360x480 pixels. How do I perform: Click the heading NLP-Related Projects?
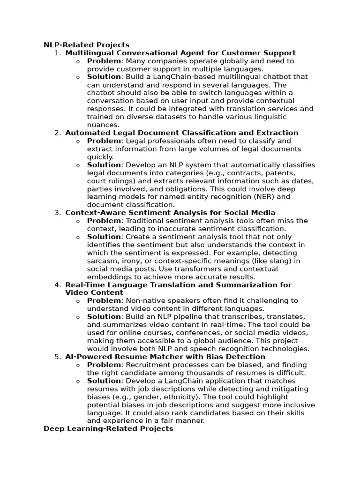pos(86,45)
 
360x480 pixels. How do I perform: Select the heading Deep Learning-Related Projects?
pos(108,428)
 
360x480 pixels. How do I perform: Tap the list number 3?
pos(57,213)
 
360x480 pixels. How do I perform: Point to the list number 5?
pos(57,357)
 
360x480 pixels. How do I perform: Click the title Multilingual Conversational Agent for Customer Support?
pos(180,53)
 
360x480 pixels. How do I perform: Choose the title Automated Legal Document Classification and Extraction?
pos(181,133)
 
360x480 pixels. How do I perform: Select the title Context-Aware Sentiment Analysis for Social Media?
pos(170,213)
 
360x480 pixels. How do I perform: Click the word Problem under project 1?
pos(105,61)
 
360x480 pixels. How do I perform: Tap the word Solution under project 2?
pos(104,165)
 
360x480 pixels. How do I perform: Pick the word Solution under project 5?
pos(104,381)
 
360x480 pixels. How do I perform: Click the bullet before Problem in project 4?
pos(78,301)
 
